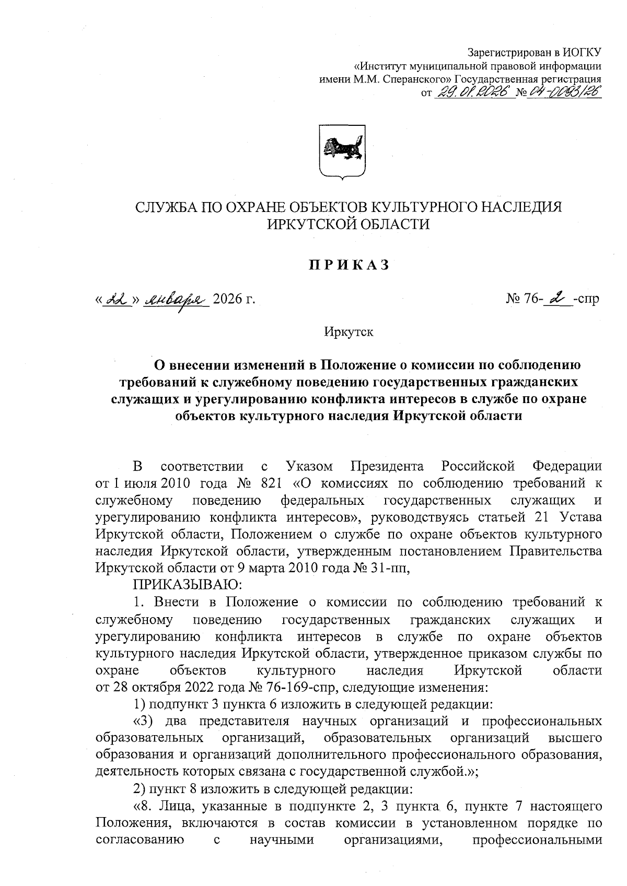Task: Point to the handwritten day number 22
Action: (x=114, y=298)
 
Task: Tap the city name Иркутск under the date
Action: (x=348, y=333)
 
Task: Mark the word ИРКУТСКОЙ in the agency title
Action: (x=309, y=224)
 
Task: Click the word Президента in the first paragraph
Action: (x=386, y=466)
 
